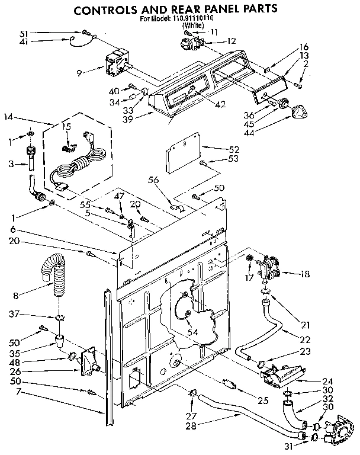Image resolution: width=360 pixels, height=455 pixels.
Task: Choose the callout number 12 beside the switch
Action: click(231, 41)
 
